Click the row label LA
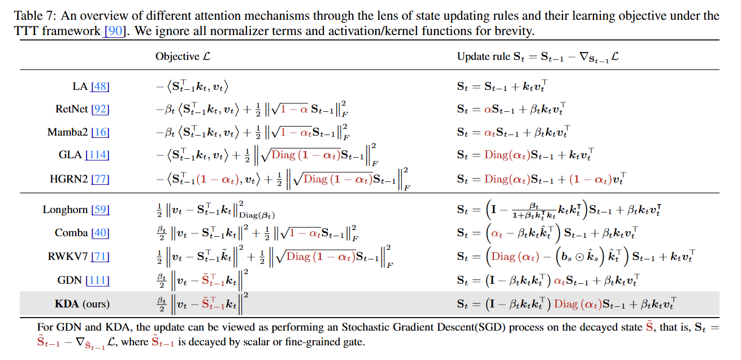tap(80, 86)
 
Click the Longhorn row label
tap(65, 210)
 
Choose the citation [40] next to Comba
tap(99, 233)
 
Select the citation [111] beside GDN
tap(97, 280)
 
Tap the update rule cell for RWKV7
tap(575, 257)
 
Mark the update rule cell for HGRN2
tap(541, 179)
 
